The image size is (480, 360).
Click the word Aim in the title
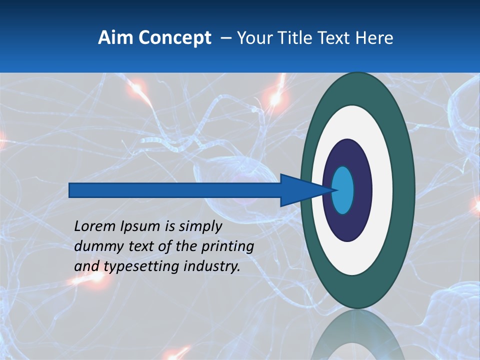pyautogui.click(x=116, y=38)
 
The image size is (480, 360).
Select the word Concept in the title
pyautogui.click(x=174, y=38)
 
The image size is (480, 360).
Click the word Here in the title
pyautogui.click(x=374, y=38)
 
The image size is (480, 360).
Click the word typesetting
pyautogui.click(x=141, y=267)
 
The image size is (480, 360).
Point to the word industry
pyautogui.click(x=211, y=267)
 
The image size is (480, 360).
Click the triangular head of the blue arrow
pyautogui.click(x=300, y=190)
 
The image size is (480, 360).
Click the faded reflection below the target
pyautogui.click(x=357, y=335)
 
